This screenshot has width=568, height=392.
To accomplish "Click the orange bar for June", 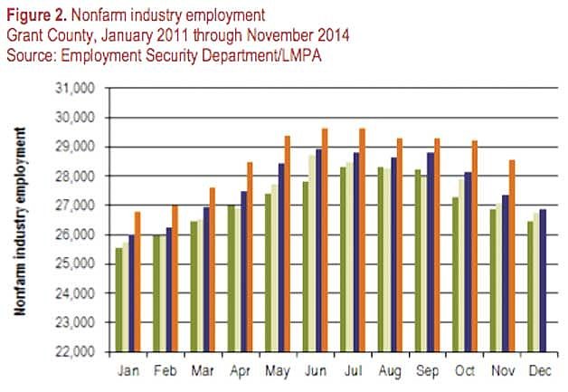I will pyautogui.click(x=324, y=240).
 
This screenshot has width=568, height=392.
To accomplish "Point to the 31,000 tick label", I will pyautogui.click(x=76, y=88).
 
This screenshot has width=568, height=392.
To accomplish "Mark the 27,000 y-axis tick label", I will pyautogui.click(x=76, y=205).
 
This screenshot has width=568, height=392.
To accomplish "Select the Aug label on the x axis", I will pyautogui.click(x=389, y=370).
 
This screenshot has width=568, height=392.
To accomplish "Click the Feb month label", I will pyautogui.click(x=166, y=370).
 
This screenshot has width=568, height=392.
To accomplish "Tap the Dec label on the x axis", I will pyautogui.click(x=538, y=370).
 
